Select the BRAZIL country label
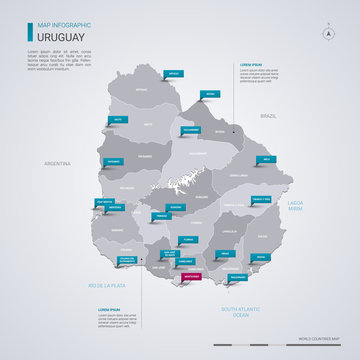tap(269, 116)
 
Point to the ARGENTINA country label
tap(57, 163)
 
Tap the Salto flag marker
tap(119, 120)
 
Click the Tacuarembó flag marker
tap(192, 131)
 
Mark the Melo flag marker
tap(264, 160)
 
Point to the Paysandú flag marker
tap(114, 161)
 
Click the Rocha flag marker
tap(260, 256)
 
